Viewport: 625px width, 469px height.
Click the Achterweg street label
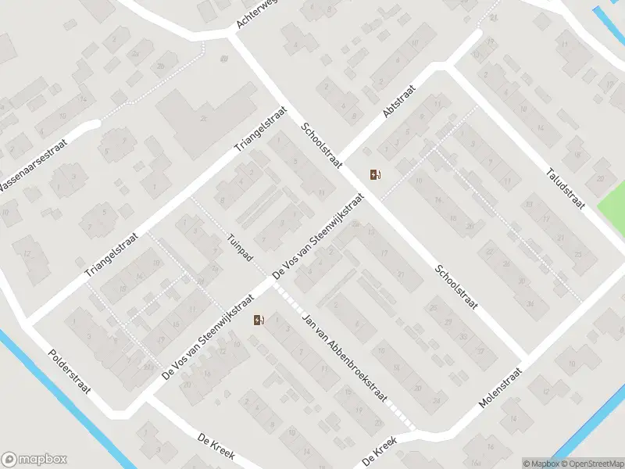pos(257,15)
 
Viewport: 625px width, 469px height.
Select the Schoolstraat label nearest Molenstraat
pos(457,288)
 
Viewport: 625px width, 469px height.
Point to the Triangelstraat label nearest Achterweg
pos(262,130)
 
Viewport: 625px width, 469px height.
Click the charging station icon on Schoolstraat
pos(375,175)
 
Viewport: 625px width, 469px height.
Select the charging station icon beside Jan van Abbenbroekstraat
pos(259,319)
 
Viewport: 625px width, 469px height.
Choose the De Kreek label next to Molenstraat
pos(380,451)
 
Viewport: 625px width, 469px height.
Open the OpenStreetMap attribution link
pos(591,463)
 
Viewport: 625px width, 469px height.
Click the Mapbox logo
pos(34,460)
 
